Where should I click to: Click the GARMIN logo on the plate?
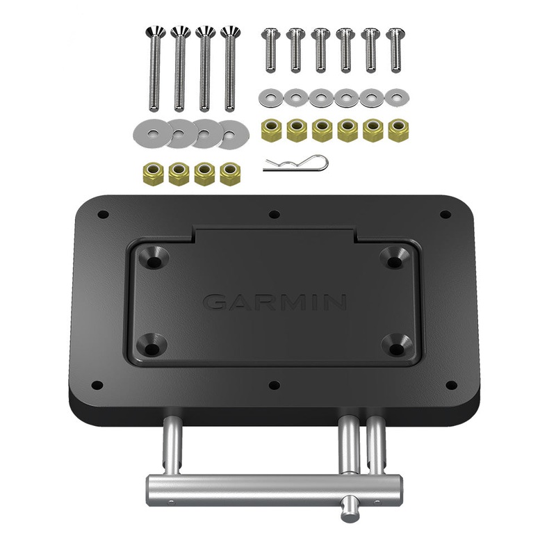point(275,302)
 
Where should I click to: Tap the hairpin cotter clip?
point(295,164)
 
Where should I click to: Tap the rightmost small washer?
point(397,97)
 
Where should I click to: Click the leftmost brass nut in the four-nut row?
point(154,174)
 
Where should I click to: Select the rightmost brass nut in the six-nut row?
point(398,130)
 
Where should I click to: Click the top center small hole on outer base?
point(274,215)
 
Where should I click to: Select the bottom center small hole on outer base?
point(274,384)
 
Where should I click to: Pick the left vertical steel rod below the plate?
point(172,448)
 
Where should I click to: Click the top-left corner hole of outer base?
point(102,215)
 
